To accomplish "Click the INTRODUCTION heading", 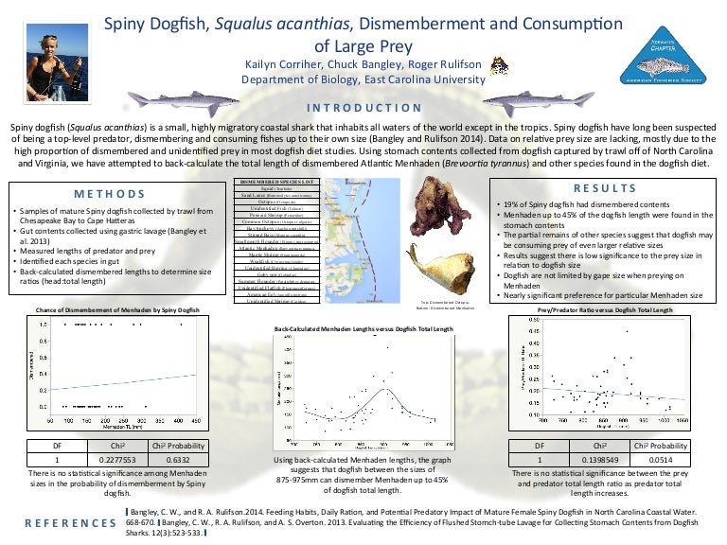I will click(x=363, y=107).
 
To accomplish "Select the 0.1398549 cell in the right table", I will click(x=600, y=460).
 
